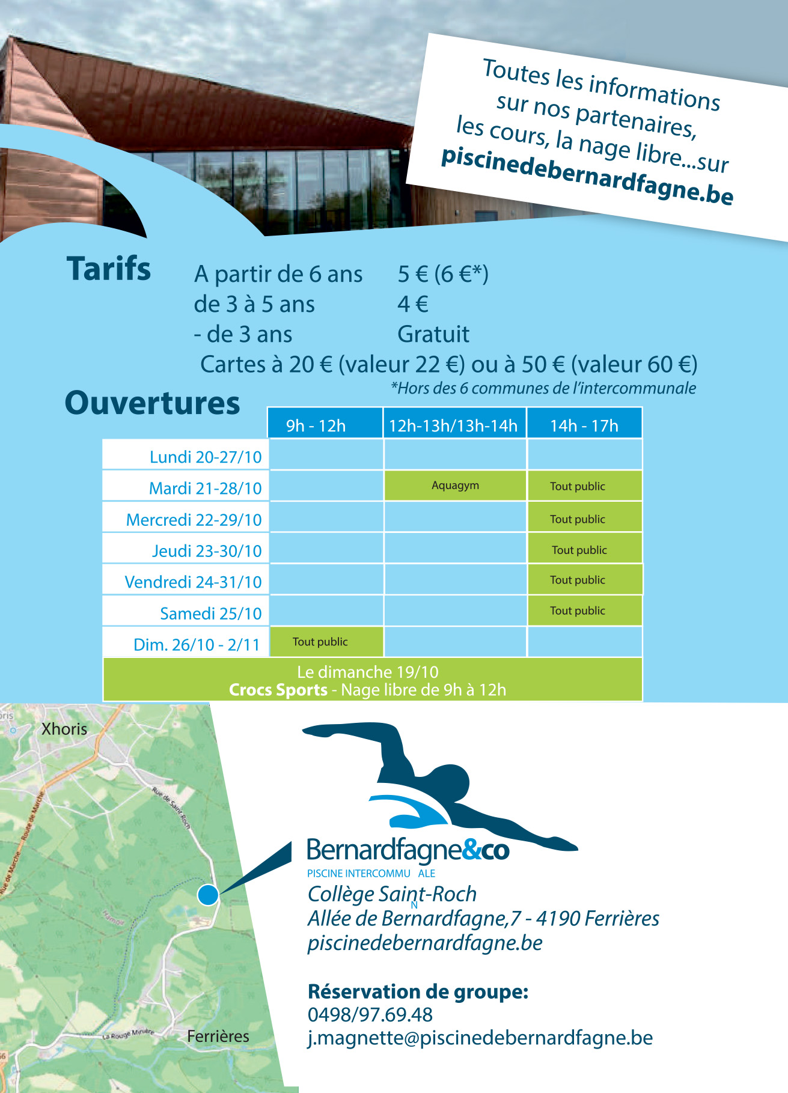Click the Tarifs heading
(109, 269)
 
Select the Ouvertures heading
(152, 403)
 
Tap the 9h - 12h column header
(316, 425)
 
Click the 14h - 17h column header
(584, 425)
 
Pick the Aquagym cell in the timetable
(455, 486)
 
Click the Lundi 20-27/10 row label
(206, 457)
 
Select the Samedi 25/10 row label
(210, 613)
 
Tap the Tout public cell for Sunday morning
(320, 642)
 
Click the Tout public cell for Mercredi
(578, 519)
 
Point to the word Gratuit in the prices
(433, 334)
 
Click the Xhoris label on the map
(64, 729)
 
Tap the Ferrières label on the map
(218, 1036)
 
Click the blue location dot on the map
(208, 895)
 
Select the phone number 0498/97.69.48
(370, 1014)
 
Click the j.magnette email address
(480, 1038)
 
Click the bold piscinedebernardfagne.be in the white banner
(587, 176)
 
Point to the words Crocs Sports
(278, 690)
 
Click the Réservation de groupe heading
(418, 991)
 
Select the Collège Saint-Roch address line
(392, 894)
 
